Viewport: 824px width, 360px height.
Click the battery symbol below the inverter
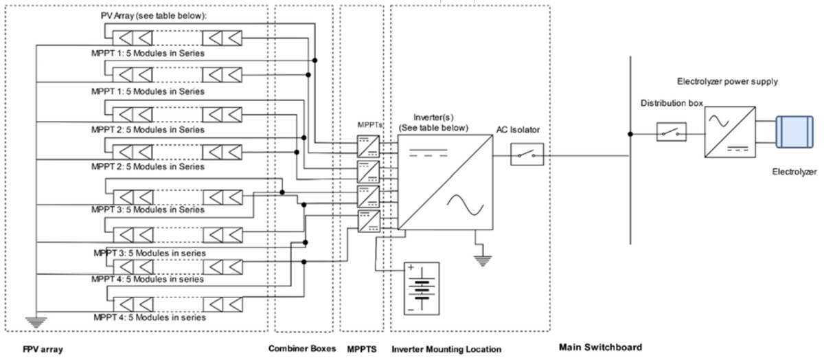coord(422,289)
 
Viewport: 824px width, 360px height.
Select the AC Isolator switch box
coord(527,154)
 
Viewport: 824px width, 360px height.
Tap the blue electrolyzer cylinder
coord(794,132)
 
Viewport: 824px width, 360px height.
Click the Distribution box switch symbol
coord(672,132)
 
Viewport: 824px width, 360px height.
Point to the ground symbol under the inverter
coord(483,260)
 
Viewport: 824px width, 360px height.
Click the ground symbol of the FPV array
coord(36,322)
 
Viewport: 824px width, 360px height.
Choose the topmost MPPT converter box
coord(368,146)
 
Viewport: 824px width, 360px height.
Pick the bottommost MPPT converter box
coord(369,221)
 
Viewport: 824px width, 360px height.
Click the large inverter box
coord(445,182)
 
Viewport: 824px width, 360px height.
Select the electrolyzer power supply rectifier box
coord(730,132)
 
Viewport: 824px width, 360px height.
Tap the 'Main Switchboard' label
coord(600,347)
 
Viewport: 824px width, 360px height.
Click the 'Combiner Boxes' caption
coord(302,348)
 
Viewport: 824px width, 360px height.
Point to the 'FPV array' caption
coord(43,349)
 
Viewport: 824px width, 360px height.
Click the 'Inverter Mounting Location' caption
coord(446,349)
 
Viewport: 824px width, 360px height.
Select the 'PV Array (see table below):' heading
coord(154,16)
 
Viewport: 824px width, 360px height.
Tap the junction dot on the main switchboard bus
coord(630,134)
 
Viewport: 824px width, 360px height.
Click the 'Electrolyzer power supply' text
coord(727,81)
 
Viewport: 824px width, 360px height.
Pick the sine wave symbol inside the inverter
coord(466,205)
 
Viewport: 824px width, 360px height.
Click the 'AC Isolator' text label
coord(518,130)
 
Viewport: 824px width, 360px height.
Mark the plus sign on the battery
coord(411,268)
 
